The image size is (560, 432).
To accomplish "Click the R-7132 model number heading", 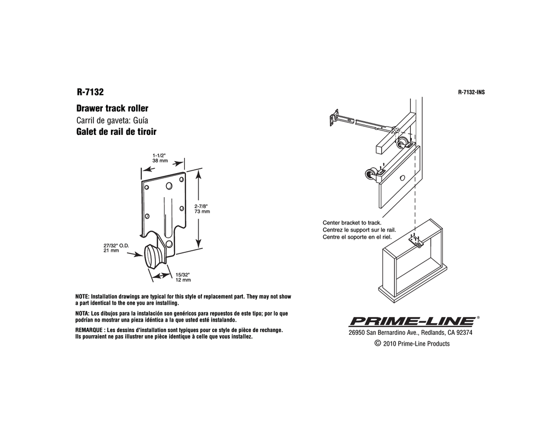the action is click(90, 92).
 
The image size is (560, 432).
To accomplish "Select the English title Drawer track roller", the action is click(112, 108).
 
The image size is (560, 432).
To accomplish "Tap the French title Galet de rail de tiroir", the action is click(116, 132).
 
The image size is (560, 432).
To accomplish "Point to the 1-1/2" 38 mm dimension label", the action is click(160, 158).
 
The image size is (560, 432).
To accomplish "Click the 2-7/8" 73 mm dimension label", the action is click(202, 209).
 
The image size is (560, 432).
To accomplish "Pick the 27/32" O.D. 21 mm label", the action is click(116, 248).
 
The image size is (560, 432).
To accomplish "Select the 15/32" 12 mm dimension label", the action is click(183, 277).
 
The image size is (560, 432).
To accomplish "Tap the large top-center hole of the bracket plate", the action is click(169, 186).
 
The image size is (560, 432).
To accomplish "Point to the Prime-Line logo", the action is click(412, 321).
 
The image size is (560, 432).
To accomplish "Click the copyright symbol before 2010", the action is click(377, 343).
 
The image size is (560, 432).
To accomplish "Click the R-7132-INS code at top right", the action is click(471, 92).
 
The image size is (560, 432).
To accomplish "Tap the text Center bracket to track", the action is click(352, 223).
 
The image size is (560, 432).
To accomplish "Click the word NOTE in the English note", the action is click(82, 297).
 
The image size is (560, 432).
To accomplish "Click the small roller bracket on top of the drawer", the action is click(416, 242).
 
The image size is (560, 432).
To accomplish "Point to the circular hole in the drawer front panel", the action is click(402, 177).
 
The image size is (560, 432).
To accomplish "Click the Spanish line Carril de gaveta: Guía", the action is click(112, 120).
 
